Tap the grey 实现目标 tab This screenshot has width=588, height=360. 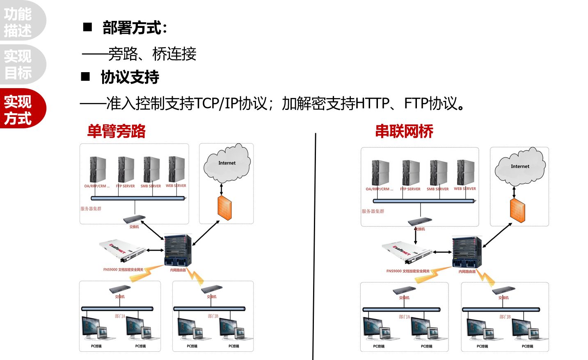[x=18, y=64]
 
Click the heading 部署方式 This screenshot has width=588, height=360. [x=135, y=28]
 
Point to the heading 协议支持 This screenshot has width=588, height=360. [x=130, y=77]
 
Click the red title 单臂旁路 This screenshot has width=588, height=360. [x=116, y=131]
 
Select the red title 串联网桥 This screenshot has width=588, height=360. [x=404, y=131]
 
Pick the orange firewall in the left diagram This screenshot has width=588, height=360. [x=224, y=208]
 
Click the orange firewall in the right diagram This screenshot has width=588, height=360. [x=517, y=211]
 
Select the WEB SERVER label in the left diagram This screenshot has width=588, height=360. [x=176, y=186]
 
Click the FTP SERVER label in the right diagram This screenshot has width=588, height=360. [x=410, y=189]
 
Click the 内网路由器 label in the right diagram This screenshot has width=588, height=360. [x=467, y=271]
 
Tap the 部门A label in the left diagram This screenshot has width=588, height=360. [x=120, y=316]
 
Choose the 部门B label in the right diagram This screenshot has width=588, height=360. [x=505, y=317]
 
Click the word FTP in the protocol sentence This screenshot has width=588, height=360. [x=416, y=103]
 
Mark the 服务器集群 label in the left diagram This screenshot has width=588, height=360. [x=91, y=209]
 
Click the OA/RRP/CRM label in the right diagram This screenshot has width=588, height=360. [x=379, y=189]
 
